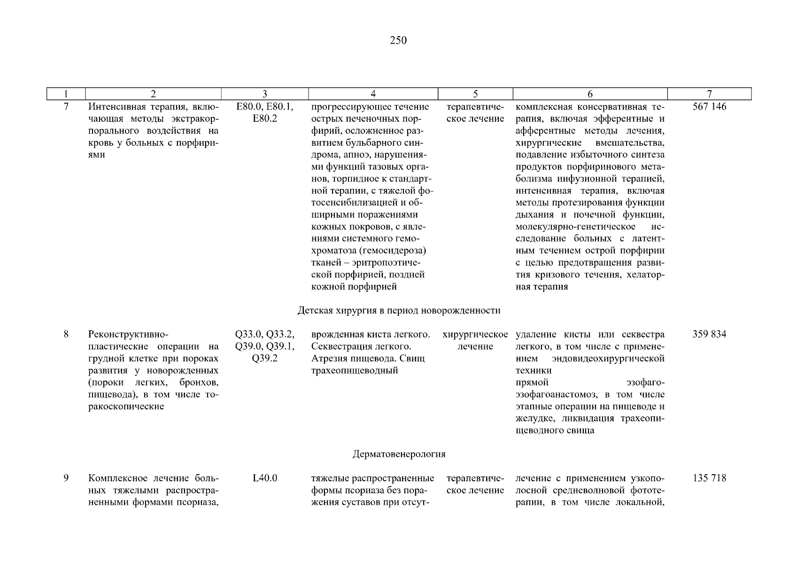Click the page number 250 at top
[398, 40]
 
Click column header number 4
[373, 94]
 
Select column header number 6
[590, 94]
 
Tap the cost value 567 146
[709, 107]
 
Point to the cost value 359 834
[709, 334]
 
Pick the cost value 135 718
[709, 478]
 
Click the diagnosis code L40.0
[265, 478]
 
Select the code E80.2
[265, 118]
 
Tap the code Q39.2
[265, 358]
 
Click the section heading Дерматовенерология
[399, 454]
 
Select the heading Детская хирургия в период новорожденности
[399, 310]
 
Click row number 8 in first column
[66, 334]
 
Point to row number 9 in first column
[66, 478]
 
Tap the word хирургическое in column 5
[475, 334]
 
